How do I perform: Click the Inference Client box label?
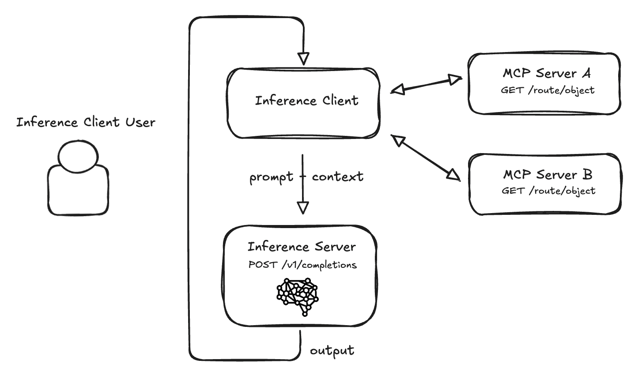306,101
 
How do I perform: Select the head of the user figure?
78,157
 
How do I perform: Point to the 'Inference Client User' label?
86,122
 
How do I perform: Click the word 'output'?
332,351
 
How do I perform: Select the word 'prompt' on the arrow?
271,178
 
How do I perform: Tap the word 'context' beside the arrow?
338,177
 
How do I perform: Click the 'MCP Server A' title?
547,73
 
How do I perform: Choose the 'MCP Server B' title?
548,175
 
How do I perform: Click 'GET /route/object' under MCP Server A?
548,90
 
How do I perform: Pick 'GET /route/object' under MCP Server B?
548,191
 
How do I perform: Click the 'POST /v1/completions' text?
303,265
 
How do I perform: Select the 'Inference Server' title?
302,247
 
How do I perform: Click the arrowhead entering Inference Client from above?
303,58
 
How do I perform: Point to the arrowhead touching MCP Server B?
453,175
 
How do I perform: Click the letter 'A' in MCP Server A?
585,73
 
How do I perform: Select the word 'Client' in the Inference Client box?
340,101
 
